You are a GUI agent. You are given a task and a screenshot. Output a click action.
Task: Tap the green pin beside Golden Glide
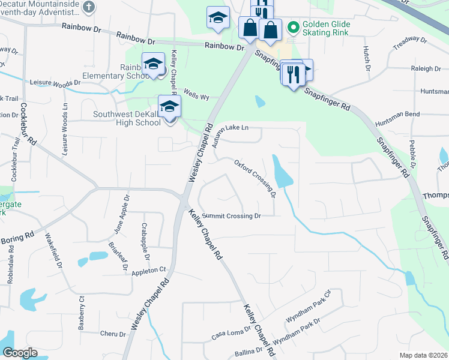pyautogui.click(x=294, y=27)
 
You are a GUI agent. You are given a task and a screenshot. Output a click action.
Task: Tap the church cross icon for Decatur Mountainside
pyautogui.click(x=88, y=8)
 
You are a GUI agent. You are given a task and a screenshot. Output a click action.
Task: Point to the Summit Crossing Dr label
pyautogui.click(x=232, y=216)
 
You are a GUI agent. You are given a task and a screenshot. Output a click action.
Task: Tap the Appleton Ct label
pyautogui.click(x=148, y=271)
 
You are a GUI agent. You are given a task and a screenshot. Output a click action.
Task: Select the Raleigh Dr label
pyautogui.click(x=426, y=69)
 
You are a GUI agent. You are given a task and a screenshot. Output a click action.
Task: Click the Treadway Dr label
pyautogui.click(x=410, y=44)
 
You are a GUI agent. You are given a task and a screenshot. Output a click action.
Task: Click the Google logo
pyautogui.click(x=20, y=353)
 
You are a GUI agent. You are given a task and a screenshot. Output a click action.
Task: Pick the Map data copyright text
pyautogui.click(x=423, y=355)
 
